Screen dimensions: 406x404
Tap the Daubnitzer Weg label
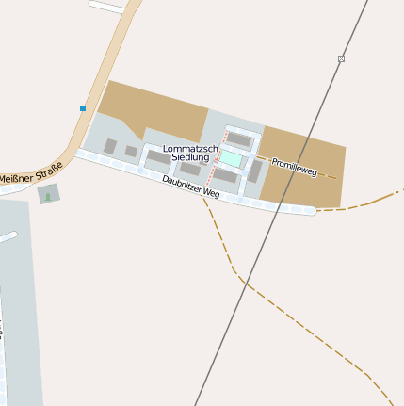coord(190,186)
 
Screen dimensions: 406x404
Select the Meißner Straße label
coord(31,172)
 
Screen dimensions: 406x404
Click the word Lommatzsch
coord(190,149)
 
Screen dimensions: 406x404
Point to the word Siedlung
coord(190,157)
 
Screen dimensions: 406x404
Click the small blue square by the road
coord(83,108)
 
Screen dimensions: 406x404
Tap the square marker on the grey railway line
coord(341,59)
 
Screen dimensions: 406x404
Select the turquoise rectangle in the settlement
coord(231,159)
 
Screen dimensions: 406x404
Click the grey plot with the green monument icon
coord(49,194)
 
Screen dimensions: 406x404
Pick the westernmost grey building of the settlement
coord(110,146)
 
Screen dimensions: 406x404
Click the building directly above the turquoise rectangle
coord(240,140)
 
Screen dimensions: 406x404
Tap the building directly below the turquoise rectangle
coord(226,175)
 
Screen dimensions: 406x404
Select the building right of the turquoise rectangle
coord(254,171)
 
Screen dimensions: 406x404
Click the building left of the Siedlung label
coord(157,156)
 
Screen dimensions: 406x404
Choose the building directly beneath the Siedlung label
coord(190,170)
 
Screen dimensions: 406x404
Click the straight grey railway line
coord(273,226)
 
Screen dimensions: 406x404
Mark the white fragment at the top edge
coord(107,6)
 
